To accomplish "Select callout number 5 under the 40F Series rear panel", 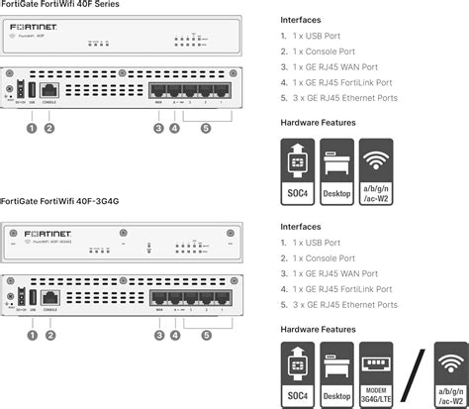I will point(205,128).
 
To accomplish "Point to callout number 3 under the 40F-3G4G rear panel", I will point(158,335).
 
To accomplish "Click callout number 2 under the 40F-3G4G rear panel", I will point(49,335).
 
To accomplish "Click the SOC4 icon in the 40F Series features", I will point(298,171).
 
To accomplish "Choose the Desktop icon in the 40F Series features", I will point(337,171).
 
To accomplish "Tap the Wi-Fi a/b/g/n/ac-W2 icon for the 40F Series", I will point(377,171).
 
